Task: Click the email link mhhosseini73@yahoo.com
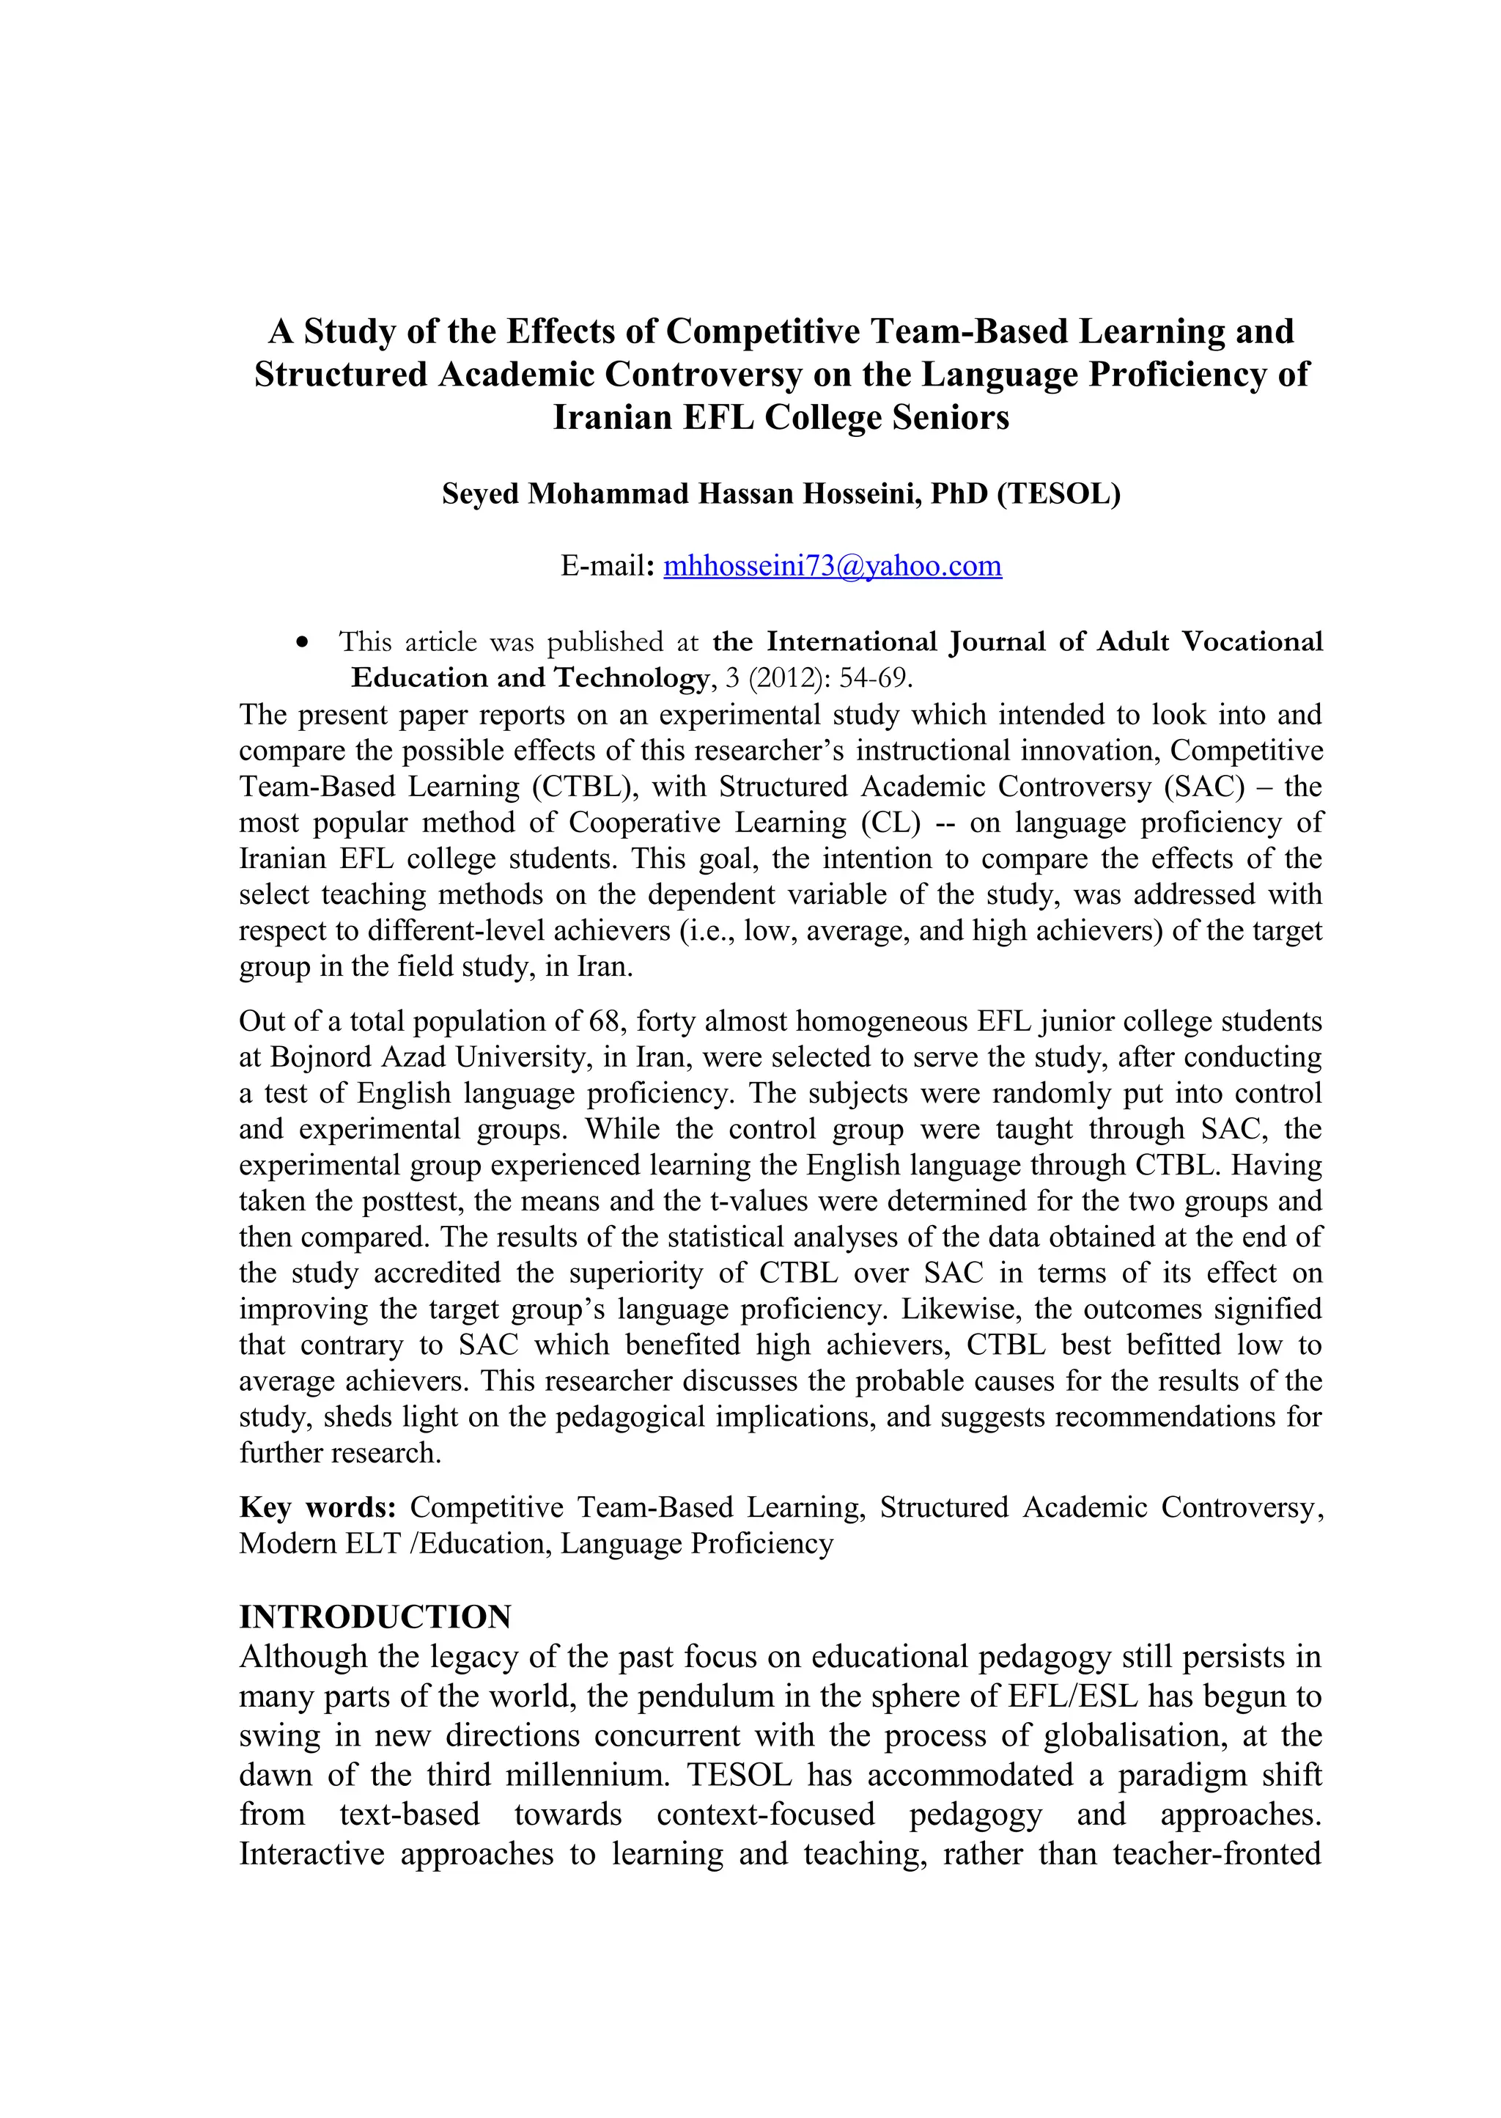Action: click(x=832, y=566)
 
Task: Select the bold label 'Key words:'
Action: click(x=317, y=1508)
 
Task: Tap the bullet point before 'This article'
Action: click(x=301, y=642)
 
